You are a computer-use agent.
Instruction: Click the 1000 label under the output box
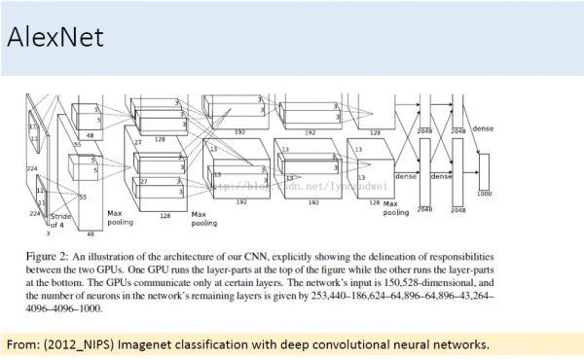[x=484, y=194]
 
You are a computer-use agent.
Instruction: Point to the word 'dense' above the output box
[x=483, y=128]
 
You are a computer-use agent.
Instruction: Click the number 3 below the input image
[x=49, y=234]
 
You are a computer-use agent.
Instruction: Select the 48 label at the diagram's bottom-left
[x=91, y=234]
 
